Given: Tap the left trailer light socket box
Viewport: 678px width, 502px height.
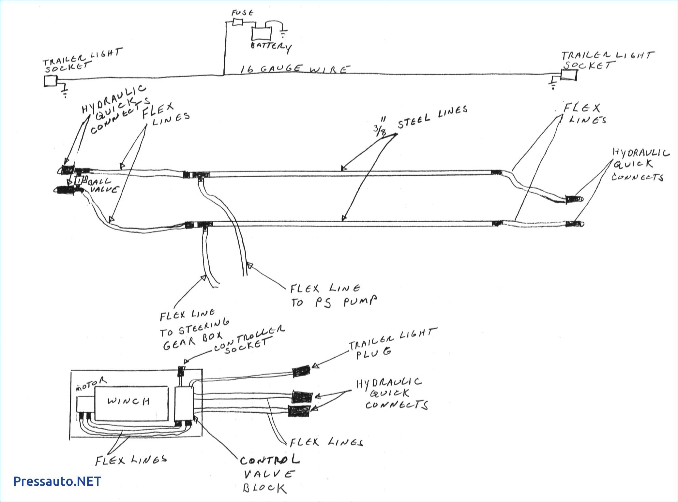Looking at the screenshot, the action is pos(51,81).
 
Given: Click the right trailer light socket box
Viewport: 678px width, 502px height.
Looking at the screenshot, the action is pos(568,75).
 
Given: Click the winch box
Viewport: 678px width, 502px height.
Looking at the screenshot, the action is pos(131,403).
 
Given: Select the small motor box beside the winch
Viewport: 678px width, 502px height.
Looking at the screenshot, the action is pos(85,405).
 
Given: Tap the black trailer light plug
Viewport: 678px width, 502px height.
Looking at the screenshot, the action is pos(301,371).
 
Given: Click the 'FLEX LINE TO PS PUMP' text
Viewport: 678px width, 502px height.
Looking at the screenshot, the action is pos(333,295).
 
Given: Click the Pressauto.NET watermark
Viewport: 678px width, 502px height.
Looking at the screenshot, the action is pos(57,481).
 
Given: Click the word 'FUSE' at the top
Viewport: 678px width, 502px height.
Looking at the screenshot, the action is pos(242,13).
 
